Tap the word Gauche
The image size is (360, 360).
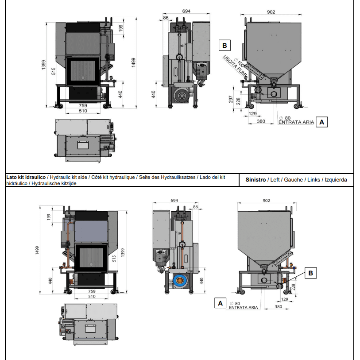[x=294, y=180]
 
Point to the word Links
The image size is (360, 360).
[x=314, y=180]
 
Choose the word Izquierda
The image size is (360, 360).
[x=336, y=180]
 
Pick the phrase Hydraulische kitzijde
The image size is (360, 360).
[x=52, y=183]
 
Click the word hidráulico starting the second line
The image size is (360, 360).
[x=16, y=183]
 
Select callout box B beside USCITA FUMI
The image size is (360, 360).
[x=225, y=45]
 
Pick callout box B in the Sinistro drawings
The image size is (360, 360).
[x=310, y=274]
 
